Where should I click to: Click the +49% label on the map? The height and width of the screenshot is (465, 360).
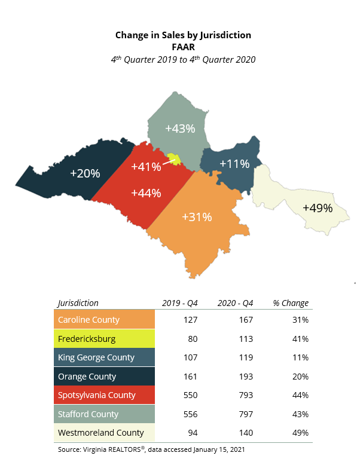pyautogui.click(x=317, y=208)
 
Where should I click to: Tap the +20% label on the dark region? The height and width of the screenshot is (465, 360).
pyautogui.click(x=85, y=173)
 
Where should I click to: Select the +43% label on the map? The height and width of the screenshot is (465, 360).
pyautogui.click(x=180, y=129)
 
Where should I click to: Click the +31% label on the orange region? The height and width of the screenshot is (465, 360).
pyautogui.click(x=197, y=216)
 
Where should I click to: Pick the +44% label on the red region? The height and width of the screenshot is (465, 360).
pyautogui.click(x=147, y=193)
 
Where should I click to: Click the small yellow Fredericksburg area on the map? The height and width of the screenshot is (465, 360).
pyautogui.click(x=174, y=159)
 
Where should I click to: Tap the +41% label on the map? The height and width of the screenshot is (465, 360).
pyautogui.click(x=147, y=167)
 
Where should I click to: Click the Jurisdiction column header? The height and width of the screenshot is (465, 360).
pyautogui.click(x=78, y=303)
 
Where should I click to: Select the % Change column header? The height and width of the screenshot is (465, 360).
pyautogui.click(x=291, y=303)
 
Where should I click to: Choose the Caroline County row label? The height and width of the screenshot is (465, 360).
pyautogui.click(x=89, y=320)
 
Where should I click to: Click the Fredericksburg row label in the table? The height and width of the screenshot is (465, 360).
pyautogui.click(x=87, y=339)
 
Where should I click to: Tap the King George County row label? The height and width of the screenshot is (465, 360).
pyautogui.click(x=96, y=357)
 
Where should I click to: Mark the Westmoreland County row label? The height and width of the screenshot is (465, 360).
pyautogui.click(x=101, y=433)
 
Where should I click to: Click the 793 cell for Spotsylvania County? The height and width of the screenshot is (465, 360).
pyautogui.click(x=244, y=395)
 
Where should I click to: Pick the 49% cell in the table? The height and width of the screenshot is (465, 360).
pyautogui.click(x=301, y=433)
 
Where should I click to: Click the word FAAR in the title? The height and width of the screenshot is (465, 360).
pyautogui.click(x=184, y=46)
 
